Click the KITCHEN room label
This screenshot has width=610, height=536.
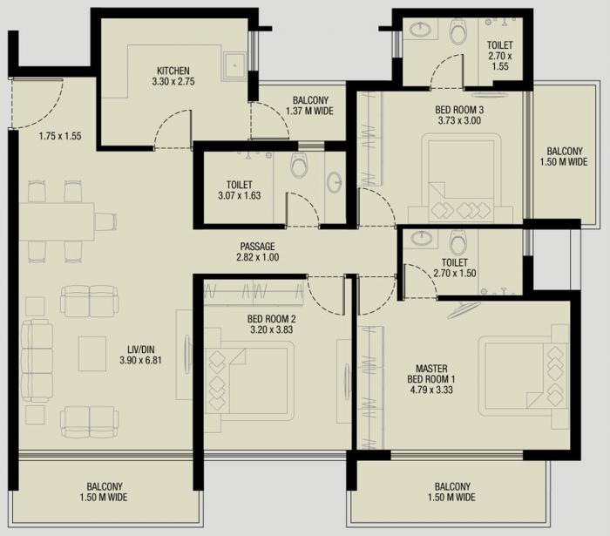pyautogui.click(x=173, y=71)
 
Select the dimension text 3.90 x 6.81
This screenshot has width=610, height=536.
pyautogui.click(x=140, y=361)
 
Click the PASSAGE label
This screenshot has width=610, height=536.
pyautogui.click(x=258, y=247)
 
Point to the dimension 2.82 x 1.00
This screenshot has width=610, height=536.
pyautogui.click(x=258, y=258)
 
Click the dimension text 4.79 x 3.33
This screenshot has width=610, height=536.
pyautogui.click(x=430, y=390)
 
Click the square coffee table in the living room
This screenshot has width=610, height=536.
pyautogui.click(x=91, y=352)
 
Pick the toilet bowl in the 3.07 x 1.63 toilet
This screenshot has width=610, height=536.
pyautogui.click(x=299, y=164)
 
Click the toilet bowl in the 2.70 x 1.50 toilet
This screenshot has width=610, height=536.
pyautogui.click(x=458, y=241)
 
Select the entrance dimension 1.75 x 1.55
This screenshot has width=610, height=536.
pyautogui.click(x=60, y=136)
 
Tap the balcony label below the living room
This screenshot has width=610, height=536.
pyautogui.click(x=105, y=492)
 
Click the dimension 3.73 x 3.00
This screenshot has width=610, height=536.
pyautogui.click(x=458, y=121)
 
